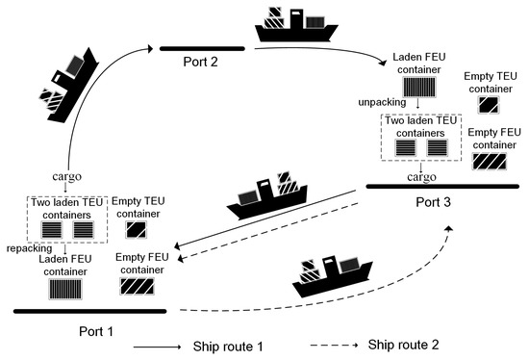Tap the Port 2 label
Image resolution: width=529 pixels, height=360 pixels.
202,60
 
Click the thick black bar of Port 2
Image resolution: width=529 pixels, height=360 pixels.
202,45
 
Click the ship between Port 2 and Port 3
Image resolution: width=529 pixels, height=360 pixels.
292,26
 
